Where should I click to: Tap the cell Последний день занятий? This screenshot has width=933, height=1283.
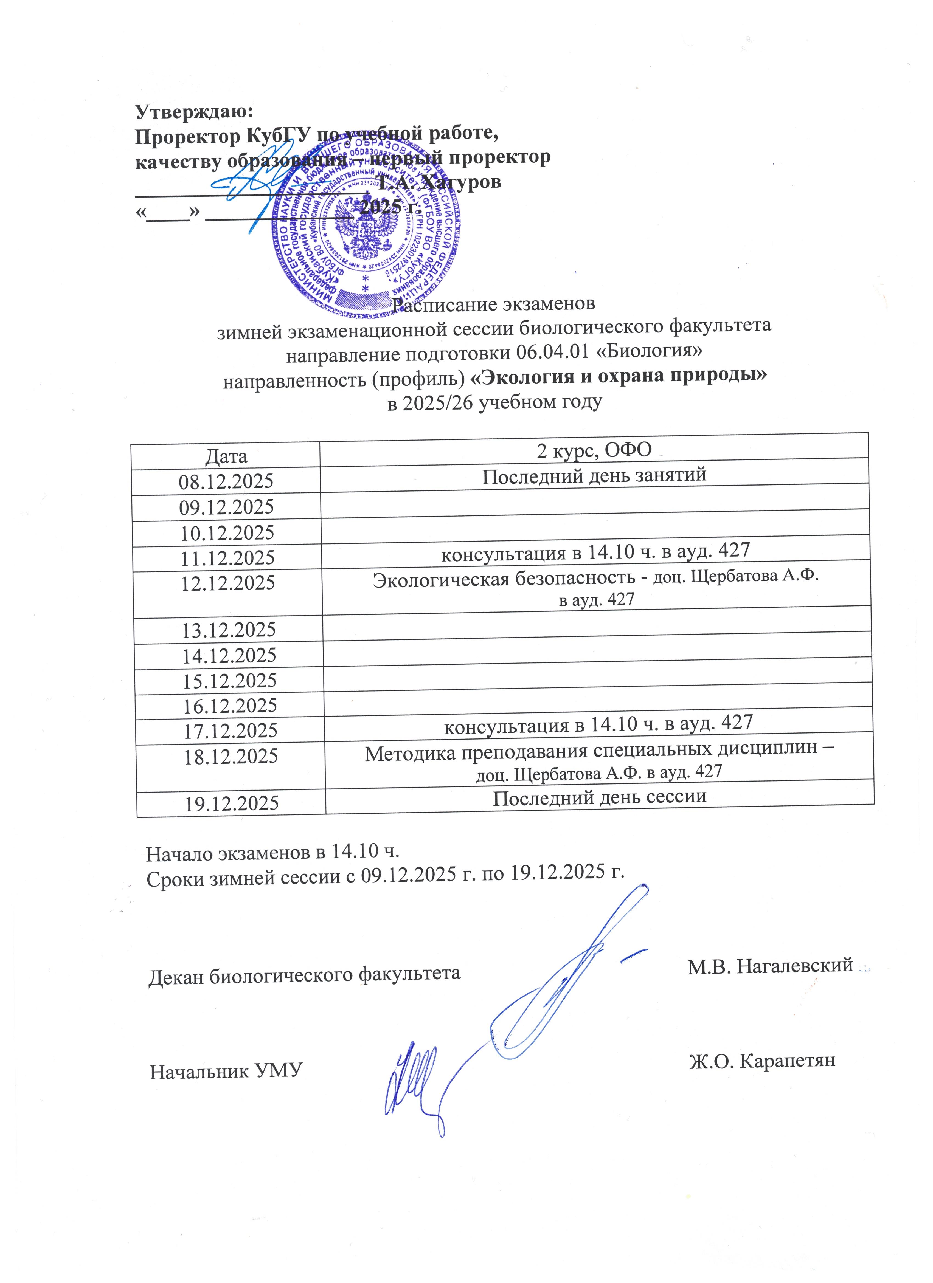coord(594,475)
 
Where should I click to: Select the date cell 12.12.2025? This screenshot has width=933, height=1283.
coord(228,583)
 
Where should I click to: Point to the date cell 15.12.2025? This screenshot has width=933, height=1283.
coord(229,681)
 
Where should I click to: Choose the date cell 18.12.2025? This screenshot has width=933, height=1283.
coord(231,756)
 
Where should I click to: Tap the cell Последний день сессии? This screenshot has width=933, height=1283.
coord(600,797)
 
